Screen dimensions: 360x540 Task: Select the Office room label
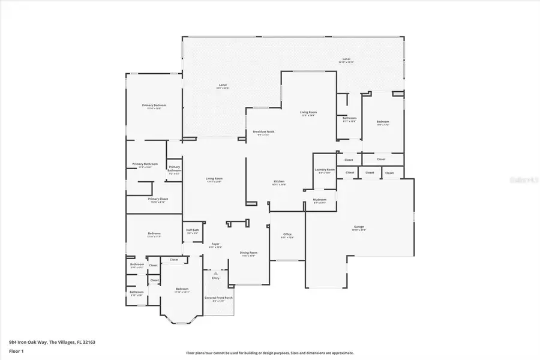point(287,235)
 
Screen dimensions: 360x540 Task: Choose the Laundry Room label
point(325,170)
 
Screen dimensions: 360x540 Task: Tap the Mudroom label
point(320,200)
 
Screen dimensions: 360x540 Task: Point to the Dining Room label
point(248,254)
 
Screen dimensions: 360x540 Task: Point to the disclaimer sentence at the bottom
point(270,353)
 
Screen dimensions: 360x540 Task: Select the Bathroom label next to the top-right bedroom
point(350,119)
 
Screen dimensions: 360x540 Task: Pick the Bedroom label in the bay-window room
point(182,290)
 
